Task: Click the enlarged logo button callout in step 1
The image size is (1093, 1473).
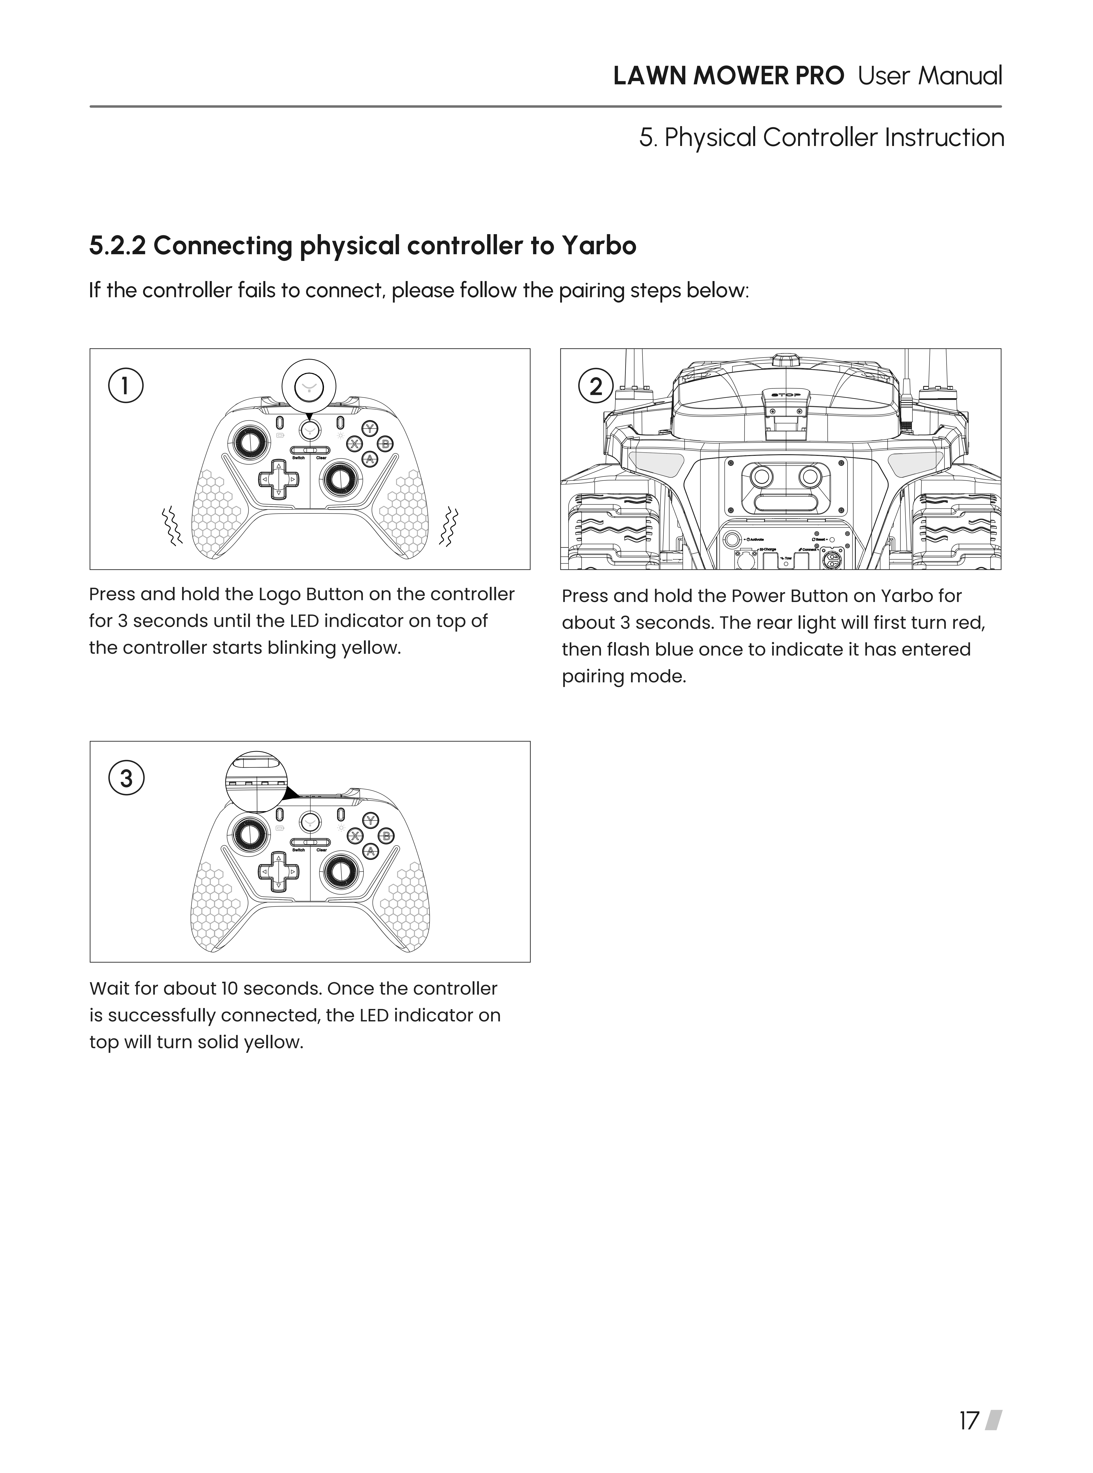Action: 309,386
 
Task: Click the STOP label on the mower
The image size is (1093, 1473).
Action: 785,395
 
